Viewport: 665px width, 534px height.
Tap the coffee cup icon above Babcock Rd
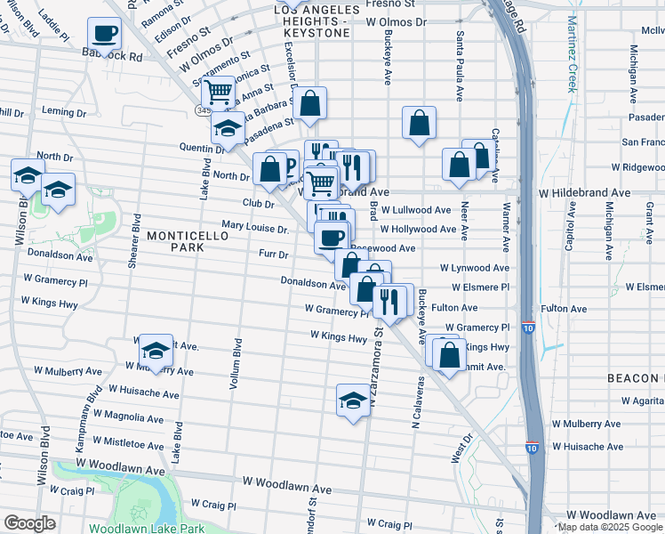[x=104, y=35]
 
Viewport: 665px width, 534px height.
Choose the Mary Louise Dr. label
[x=255, y=229]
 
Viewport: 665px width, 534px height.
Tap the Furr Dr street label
[x=274, y=255]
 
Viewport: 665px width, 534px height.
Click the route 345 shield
[x=204, y=110]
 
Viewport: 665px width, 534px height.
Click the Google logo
[x=29, y=524]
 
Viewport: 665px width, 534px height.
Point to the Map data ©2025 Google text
[x=610, y=527]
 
